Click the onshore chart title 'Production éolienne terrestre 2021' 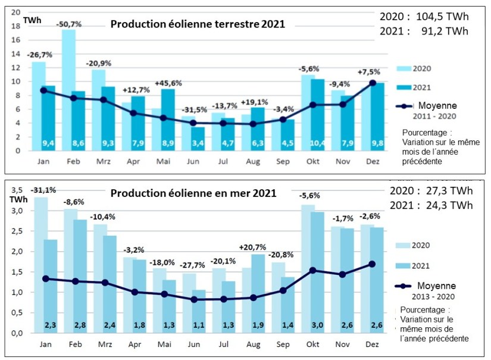(197, 24)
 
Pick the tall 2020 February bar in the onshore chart (69, 89)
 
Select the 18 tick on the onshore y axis (16, 26)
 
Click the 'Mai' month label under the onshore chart (162, 161)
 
